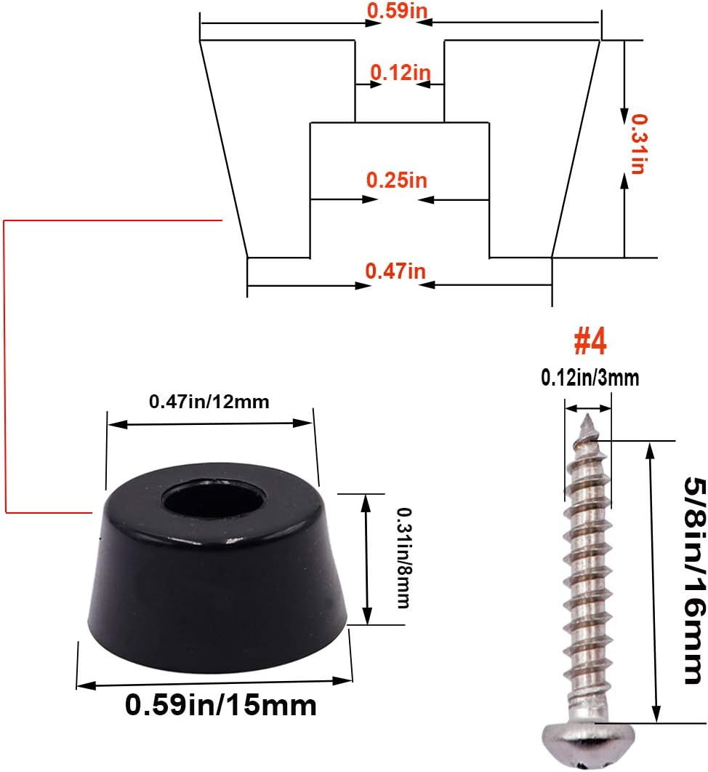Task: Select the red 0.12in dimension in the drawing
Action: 401,72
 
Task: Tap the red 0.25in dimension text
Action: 397,180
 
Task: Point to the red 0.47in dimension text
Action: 395,271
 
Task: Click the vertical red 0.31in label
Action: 637,143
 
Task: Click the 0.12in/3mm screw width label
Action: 590,378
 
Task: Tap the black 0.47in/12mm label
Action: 209,401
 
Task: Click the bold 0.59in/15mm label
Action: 221,705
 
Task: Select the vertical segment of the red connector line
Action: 5,364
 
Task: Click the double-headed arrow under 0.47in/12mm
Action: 211,423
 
